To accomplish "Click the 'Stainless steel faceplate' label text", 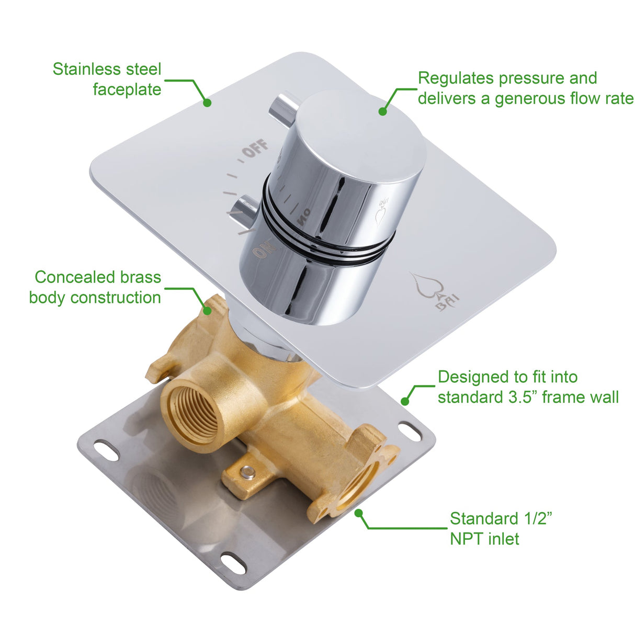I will (x=107, y=79).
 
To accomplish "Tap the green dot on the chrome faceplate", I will (x=207, y=103).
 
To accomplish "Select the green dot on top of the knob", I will (x=383, y=111).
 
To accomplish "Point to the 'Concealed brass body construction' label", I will (x=96, y=287).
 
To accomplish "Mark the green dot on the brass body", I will (x=208, y=311).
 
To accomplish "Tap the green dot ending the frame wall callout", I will (x=404, y=401).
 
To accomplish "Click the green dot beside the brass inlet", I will (x=359, y=513).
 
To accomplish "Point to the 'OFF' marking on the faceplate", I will (x=256, y=149).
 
